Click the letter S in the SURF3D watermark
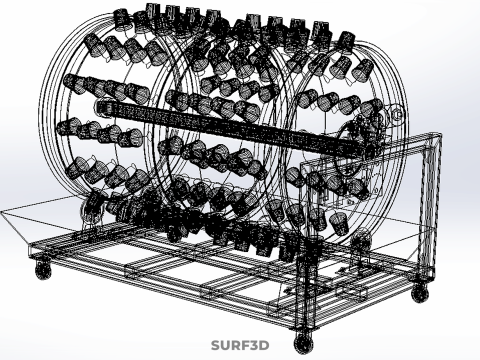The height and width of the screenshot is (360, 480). [x=216, y=346]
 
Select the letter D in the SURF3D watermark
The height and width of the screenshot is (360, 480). [x=264, y=346]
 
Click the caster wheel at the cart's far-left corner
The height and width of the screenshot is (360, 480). [x=43, y=270]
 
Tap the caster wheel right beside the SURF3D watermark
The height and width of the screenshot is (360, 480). [x=304, y=343]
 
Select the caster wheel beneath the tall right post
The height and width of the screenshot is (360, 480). [x=420, y=294]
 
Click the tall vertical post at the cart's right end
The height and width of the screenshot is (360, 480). [x=430, y=207]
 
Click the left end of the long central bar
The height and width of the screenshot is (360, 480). [x=99, y=107]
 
